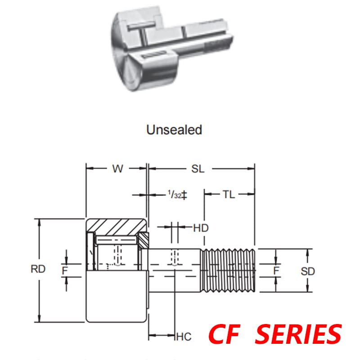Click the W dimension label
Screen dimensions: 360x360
pos(117,169)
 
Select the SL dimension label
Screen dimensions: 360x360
pos(198,169)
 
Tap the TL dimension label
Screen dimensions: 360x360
pos(229,194)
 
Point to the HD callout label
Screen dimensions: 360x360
pos(201,228)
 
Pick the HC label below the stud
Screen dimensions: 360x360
pos(184,336)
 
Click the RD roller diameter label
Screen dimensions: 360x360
pos(38,270)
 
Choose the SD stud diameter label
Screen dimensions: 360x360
pos(308,271)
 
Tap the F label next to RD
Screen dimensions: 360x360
pos(66,270)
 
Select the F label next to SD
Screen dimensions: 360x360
pos(276,270)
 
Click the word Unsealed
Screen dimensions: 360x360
pos(174,130)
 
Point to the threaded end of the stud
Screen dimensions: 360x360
pos(229,270)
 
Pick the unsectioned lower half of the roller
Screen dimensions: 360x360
pos(116,297)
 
